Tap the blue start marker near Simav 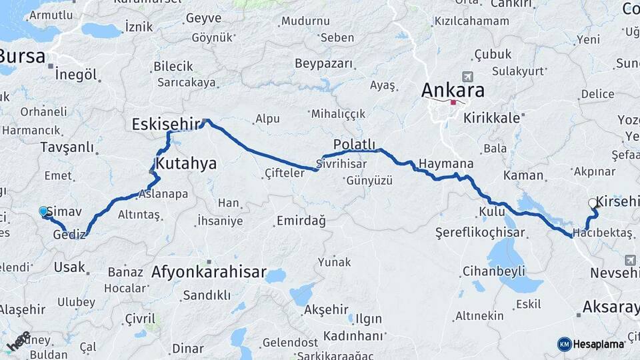[43, 211]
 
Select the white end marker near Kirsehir [593, 203]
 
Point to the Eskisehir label [166, 124]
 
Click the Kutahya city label [186, 163]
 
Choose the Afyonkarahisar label [209, 273]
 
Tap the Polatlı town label [355, 145]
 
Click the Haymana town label [446, 164]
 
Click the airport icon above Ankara [465, 77]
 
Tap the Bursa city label [23, 55]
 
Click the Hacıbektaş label [603, 233]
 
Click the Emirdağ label [301, 221]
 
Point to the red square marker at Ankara [453, 102]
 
